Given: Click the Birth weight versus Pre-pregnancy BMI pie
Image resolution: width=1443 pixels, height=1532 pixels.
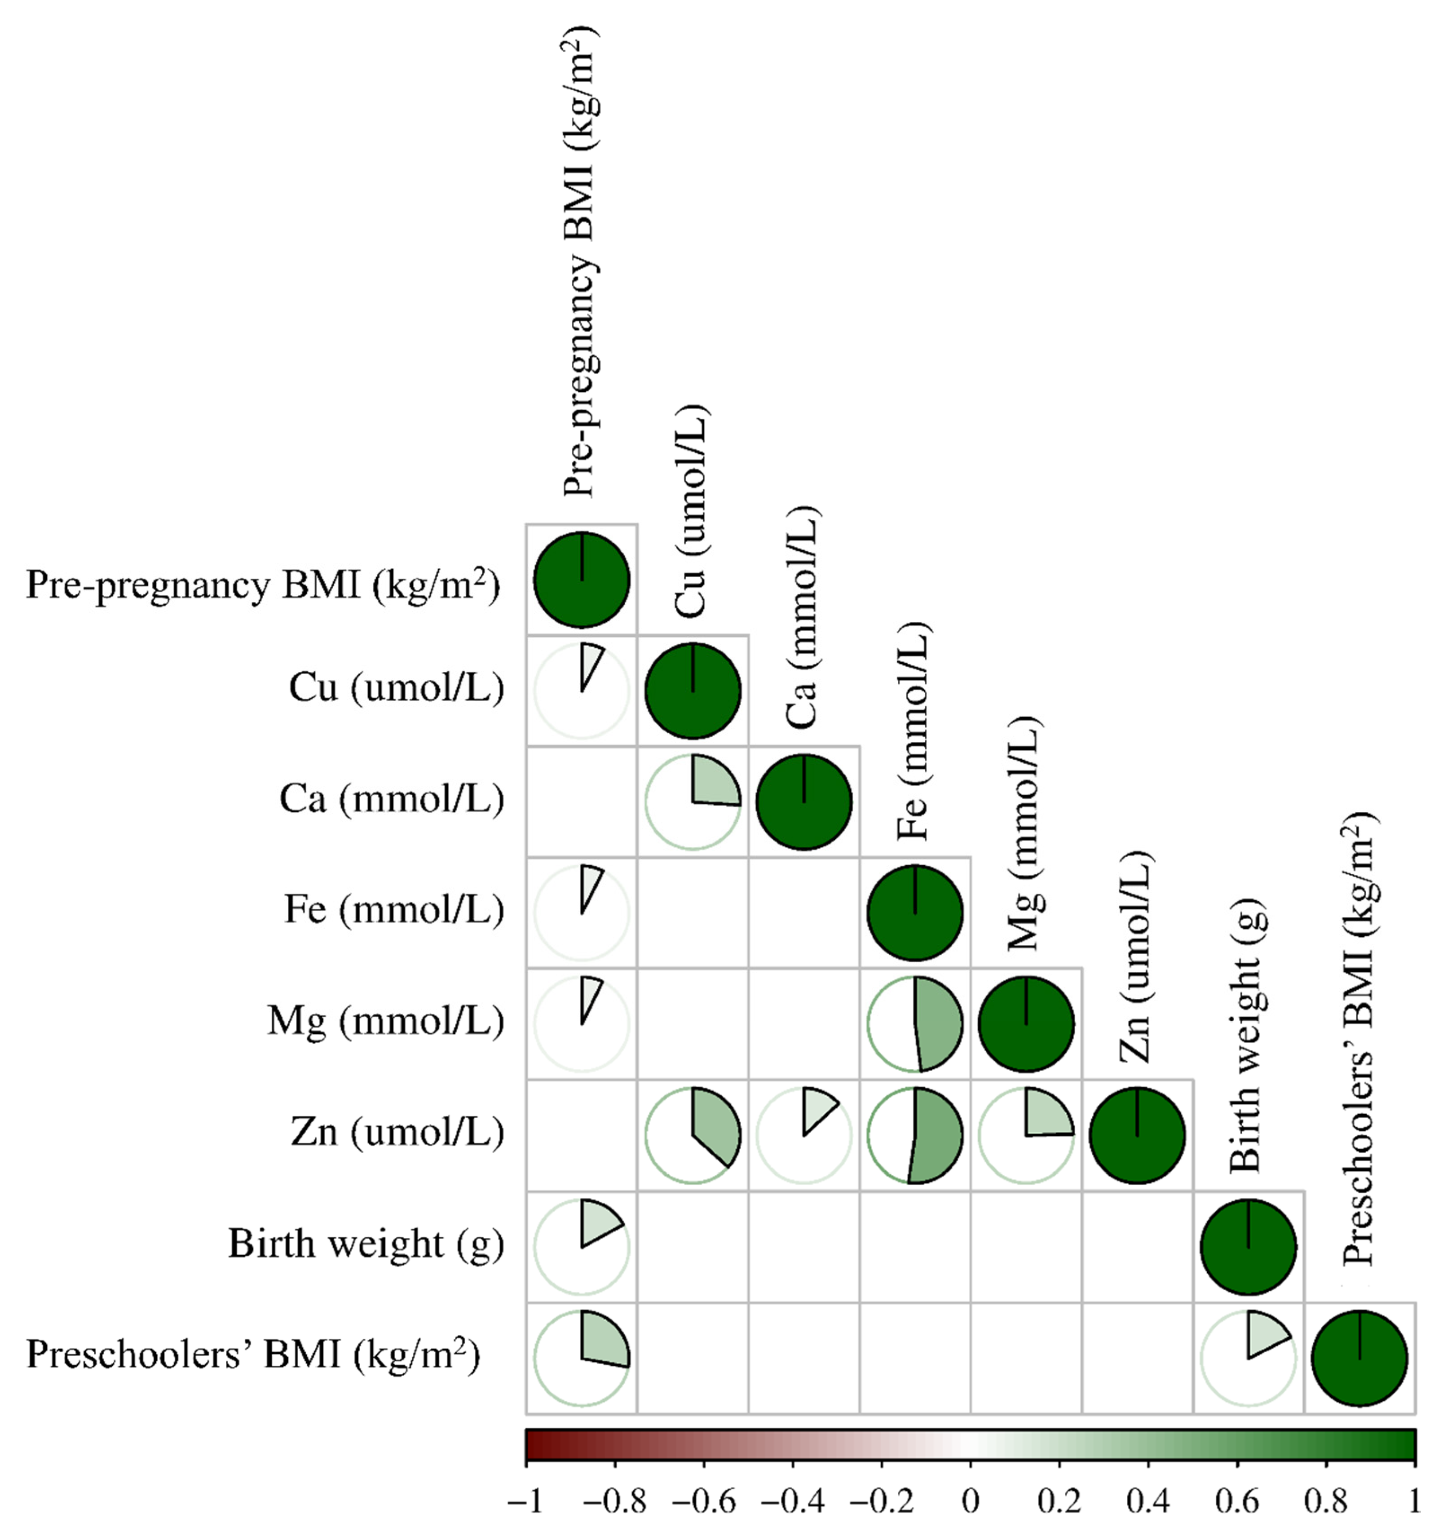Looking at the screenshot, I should [582, 1246].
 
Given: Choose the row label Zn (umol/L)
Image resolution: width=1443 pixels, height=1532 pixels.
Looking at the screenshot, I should [397, 1133].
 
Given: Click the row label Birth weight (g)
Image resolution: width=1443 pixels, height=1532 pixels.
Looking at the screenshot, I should [366, 1244].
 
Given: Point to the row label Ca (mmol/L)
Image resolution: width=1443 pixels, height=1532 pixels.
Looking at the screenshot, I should [391, 799].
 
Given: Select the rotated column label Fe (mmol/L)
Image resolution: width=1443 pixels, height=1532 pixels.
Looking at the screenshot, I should [913, 731].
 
